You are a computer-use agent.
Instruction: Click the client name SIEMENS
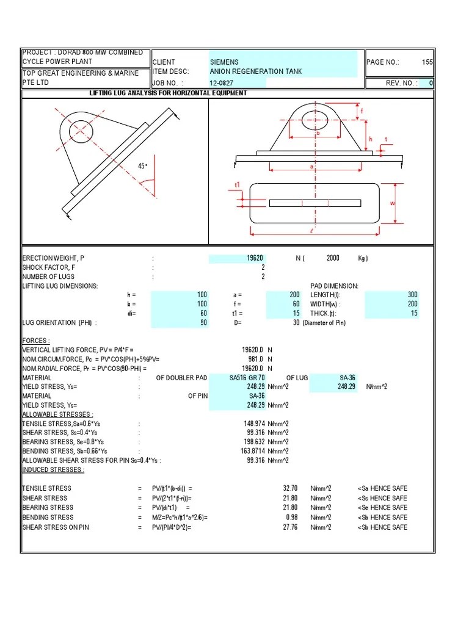click(224, 62)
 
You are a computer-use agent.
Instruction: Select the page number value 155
click(427, 62)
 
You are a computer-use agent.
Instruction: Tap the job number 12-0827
click(222, 83)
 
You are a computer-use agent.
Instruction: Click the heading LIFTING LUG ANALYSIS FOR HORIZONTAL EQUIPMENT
click(168, 93)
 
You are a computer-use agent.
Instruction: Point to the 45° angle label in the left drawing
click(143, 165)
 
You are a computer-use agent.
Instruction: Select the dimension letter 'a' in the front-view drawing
click(311, 165)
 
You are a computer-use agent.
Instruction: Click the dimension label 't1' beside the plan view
click(238, 184)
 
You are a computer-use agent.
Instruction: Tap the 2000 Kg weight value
click(333, 258)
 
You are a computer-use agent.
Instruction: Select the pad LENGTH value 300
click(413, 295)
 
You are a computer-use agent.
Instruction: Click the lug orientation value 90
click(203, 323)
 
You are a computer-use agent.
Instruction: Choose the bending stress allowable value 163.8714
click(249, 452)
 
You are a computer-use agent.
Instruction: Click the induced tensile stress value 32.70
click(290, 488)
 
